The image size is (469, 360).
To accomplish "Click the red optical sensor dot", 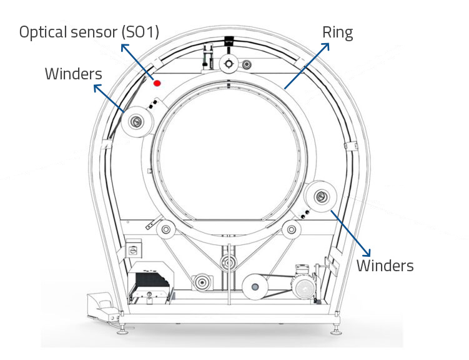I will (x=158, y=82).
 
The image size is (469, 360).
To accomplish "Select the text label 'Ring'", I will (x=337, y=32).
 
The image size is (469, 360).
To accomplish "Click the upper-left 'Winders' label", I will (x=73, y=74).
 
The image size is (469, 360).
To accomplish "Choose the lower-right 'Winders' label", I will (x=385, y=265).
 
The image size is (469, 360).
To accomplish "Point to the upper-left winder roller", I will (x=137, y=122).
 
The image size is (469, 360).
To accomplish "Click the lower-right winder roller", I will (x=320, y=196).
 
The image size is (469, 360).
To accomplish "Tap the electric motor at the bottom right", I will (x=305, y=287).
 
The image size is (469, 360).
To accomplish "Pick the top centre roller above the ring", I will (x=229, y=62).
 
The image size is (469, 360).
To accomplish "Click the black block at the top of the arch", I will (x=227, y=41).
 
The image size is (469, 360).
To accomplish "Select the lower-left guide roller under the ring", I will (x=166, y=231).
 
